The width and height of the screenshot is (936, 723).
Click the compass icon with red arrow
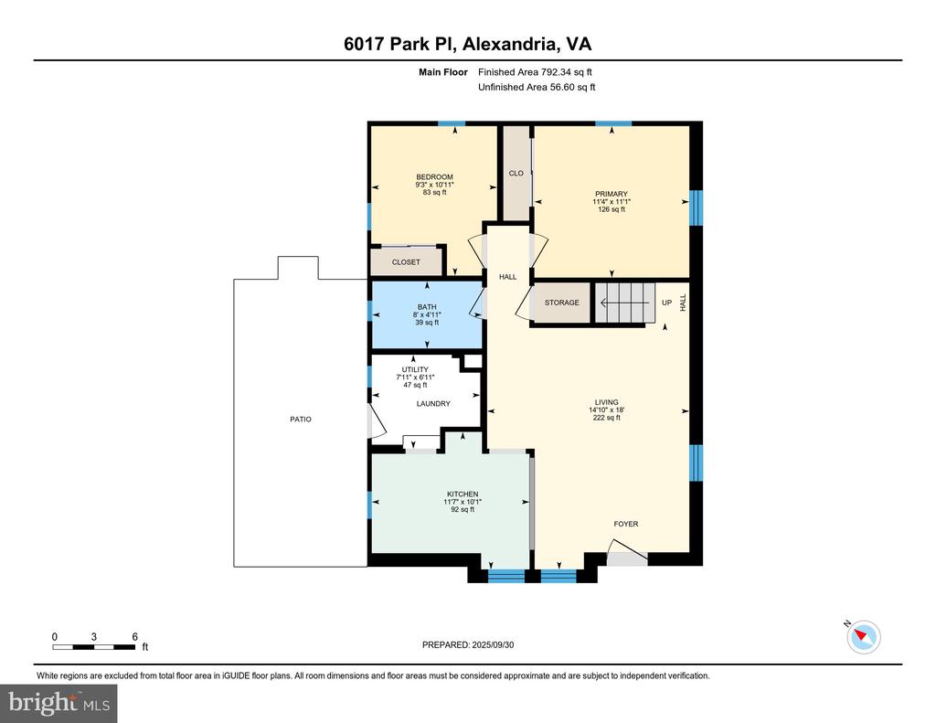(x=864, y=637)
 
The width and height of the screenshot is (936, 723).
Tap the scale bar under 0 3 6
(x=93, y=646)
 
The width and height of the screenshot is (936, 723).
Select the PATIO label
(x=301, y=420)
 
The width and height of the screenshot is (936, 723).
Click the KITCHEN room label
(x=463, y=494)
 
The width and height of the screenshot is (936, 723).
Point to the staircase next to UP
(x=623, y=303)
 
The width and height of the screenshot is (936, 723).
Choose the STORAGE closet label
(x=562, y=303)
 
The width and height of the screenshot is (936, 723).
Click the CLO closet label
(x=516, y=173)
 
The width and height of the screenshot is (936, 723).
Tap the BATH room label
(x=427, y=307)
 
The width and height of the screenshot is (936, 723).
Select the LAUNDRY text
(x=433, y=404)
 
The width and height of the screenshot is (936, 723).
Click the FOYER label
(x=626, y=524)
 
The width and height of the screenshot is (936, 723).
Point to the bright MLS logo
(x=58, y=703)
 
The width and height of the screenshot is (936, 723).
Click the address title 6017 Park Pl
(x=400, y=44)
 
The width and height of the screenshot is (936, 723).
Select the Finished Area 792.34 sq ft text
(x=535, y=72)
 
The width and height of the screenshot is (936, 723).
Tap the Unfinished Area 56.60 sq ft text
(x=537, y=87)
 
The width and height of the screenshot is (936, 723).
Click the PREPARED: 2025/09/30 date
(x=468, y=644)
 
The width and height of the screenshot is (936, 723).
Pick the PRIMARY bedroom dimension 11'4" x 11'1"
(x=612, y=202)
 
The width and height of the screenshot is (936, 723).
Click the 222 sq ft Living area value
(x=607, y=418)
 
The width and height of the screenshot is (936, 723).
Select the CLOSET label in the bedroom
(x=406, y=262)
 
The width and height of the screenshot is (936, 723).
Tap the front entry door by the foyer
(x=627, y=553)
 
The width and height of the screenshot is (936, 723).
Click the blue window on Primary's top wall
(x=613, y=124)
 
